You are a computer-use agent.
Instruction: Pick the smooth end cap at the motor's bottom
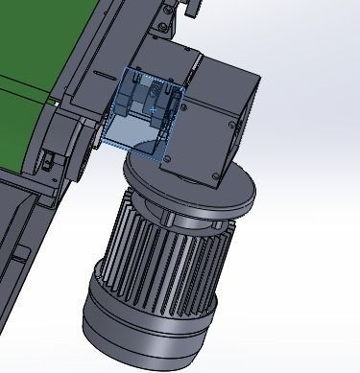coord(144,326)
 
